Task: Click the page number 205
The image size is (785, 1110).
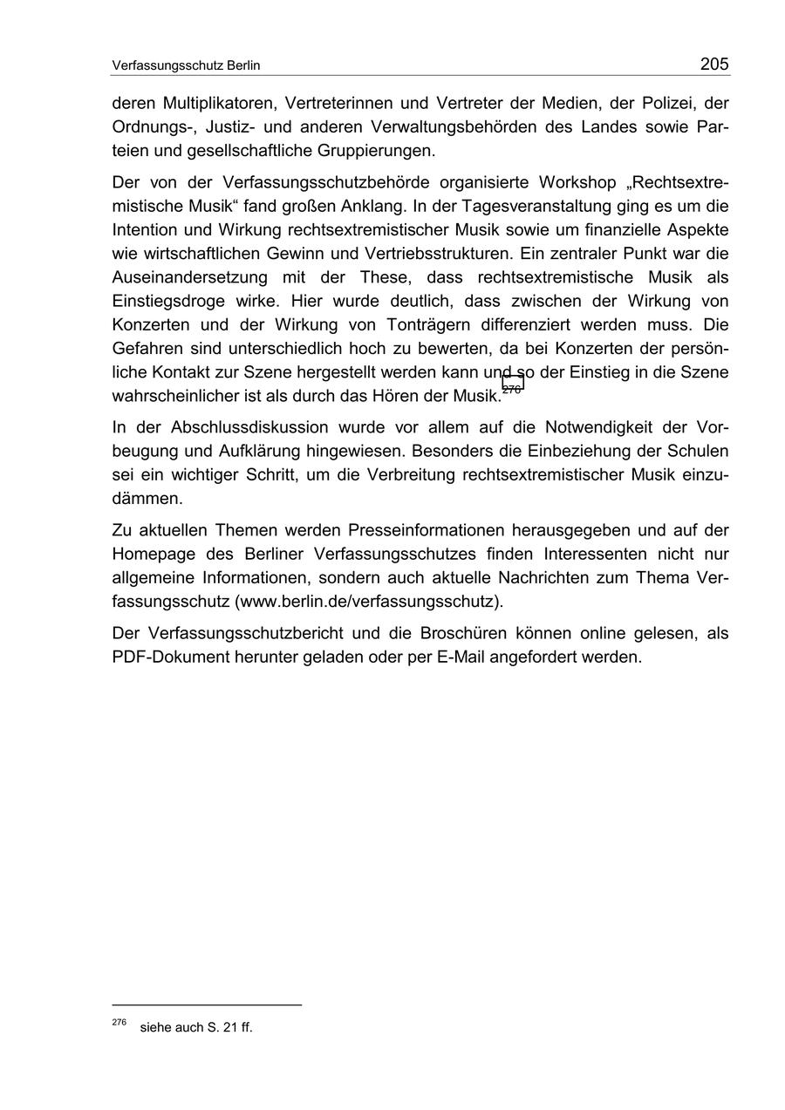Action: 713,64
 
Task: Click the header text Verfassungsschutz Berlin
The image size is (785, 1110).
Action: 186,65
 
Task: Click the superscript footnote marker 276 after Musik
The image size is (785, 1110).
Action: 512,389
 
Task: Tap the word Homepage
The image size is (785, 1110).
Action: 152,554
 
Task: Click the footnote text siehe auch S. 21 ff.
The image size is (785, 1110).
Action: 195,1027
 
